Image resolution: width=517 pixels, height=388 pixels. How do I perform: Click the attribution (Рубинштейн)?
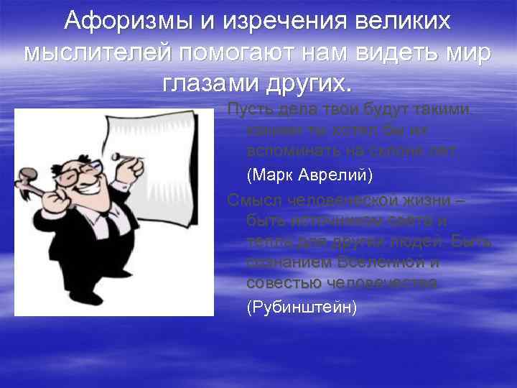click(x=301, y=307)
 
